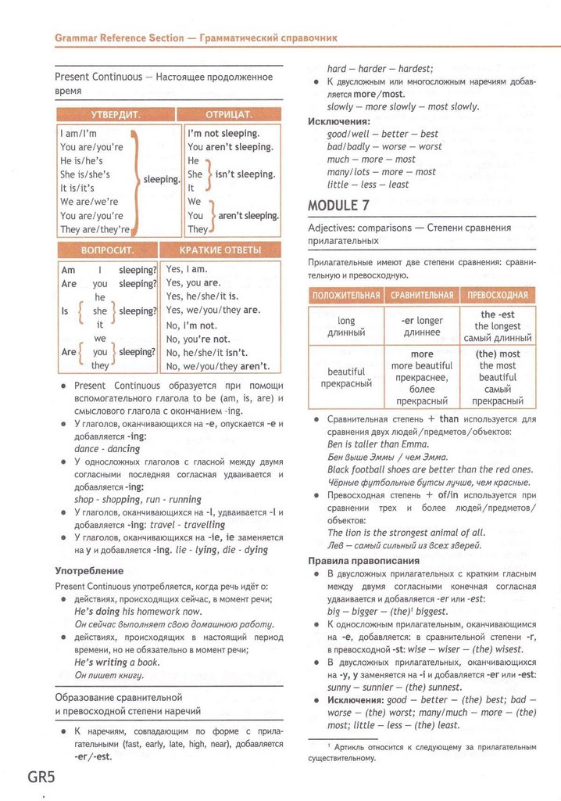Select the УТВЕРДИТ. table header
[x=116, y=115]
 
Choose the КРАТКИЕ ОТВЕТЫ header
[x=220, y=250]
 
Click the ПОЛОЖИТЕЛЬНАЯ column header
[x=346, y=296]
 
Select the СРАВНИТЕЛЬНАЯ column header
[x=422, y=296]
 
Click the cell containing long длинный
[x=346, y=326]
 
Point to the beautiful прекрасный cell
[x=346, y=378]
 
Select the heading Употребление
[x=89, y=571]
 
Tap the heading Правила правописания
[x=364, y=561]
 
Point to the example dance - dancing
[x=107, y=449]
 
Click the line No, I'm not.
[x=191, y=325]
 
